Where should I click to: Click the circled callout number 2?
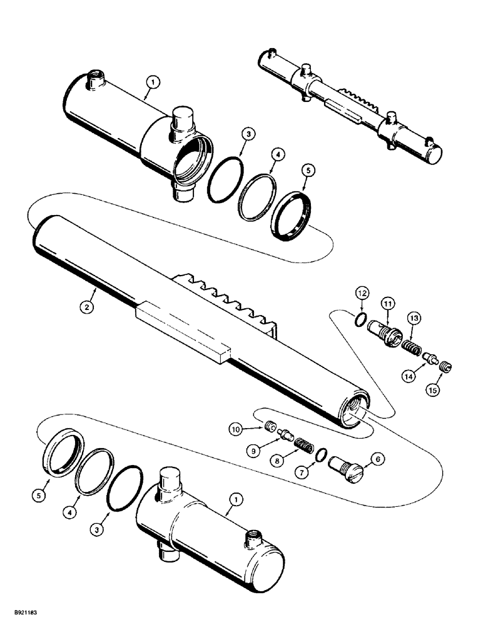89,307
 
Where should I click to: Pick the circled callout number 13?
414,318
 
